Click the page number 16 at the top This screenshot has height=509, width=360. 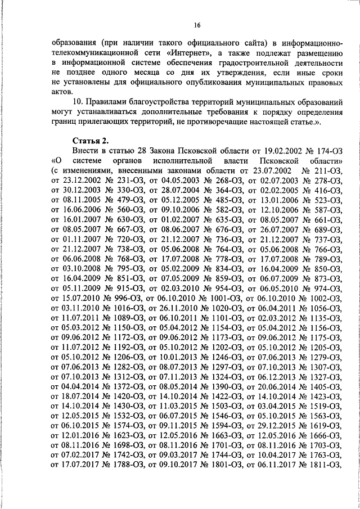click(197, 24)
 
